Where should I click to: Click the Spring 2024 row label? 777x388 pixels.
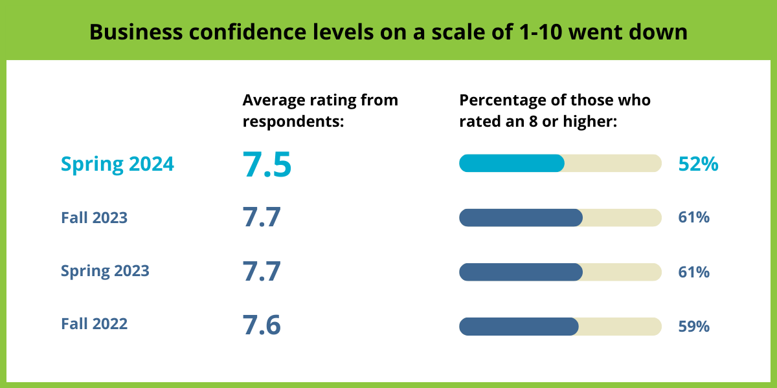[117, 164]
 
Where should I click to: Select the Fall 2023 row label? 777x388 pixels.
[94, 218]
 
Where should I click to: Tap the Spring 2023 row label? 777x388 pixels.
[105, 270]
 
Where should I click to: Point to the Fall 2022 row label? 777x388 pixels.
[94, 323]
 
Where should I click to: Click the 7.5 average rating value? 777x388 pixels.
[267, 164]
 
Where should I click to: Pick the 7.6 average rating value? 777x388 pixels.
[262, 325]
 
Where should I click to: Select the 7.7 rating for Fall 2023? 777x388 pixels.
[262, 218]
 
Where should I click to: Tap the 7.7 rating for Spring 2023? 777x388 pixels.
[262, 272]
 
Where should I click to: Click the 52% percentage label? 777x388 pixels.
[698, 164]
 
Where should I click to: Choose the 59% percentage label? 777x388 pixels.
[694, 327]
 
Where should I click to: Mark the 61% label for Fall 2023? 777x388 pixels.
[694, 218]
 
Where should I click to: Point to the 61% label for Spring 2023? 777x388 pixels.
[694, 272]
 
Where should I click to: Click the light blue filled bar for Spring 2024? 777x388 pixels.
[512, 164]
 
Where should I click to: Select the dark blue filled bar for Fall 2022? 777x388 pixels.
[519, 327]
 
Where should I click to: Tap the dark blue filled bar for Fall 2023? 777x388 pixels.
[521, 218]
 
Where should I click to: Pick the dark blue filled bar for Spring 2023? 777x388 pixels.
[521, 272]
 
